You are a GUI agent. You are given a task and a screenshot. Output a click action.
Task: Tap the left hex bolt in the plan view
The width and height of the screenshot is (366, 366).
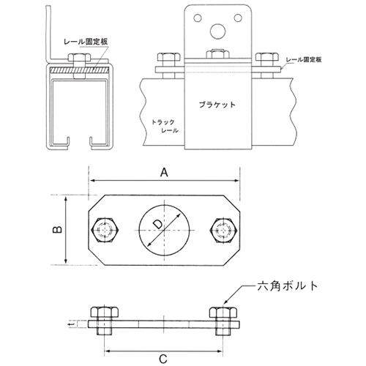pyautogui.click(x=105, y=230)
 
